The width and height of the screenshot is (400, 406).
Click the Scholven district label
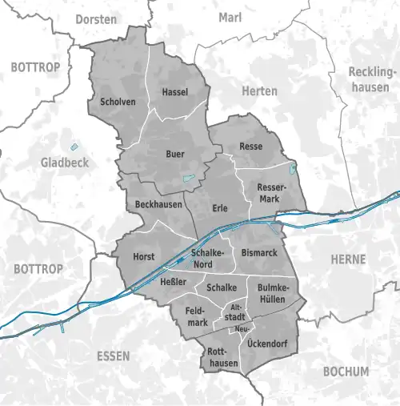point(118,103)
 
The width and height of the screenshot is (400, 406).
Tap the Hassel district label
point(174,92)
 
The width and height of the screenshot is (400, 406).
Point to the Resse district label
point(250,147)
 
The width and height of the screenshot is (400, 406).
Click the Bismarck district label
point(258,253)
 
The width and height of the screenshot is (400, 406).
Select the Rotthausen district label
point(222,358)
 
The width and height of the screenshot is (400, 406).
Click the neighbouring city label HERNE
point(347,259)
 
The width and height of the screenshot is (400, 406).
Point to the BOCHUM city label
point(346,372)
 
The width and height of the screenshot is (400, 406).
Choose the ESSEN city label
point(112,356)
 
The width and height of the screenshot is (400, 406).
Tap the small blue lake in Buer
point(189,178)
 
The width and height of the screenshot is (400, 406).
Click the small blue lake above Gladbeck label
point(75,146)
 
